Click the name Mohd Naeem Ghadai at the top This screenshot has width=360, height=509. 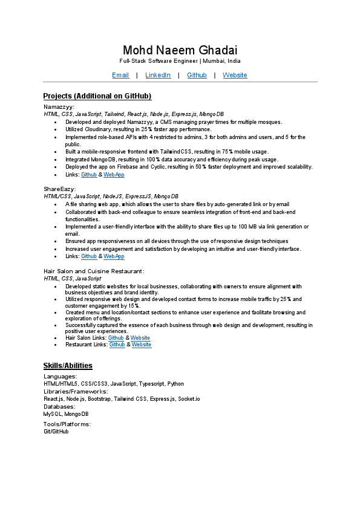[180, 50]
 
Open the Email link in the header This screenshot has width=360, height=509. [120, 75]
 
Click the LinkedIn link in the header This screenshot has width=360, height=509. [158, 75]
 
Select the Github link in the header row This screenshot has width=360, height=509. [197, 75]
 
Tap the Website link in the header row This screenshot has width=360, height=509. [235, 75]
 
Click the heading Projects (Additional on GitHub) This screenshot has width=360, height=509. [97, 96]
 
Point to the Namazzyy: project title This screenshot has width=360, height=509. [59, 106]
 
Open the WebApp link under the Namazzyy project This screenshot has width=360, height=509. [114, 175]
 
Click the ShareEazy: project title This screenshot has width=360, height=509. [59, 189]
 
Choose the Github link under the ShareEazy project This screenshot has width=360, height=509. [89, 256]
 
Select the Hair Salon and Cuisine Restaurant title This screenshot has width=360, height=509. [94, 271]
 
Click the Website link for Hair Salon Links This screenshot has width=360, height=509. [140, 338]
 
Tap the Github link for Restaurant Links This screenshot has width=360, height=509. [117, 345]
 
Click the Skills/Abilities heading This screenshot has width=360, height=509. [68, 366]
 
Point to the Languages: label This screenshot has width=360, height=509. [60, 377]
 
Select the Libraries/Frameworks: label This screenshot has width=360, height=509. [76, 392]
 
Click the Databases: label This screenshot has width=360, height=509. [59, 407]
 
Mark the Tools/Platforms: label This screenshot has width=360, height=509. [67, 424]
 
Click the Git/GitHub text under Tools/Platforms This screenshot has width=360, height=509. [56, 432]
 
